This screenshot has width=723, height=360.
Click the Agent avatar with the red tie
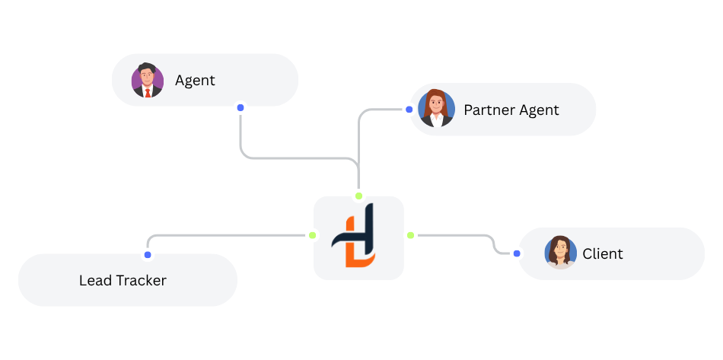(148, 80)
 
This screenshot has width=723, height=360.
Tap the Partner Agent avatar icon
(436, 109)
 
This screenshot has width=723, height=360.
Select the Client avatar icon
(561, 253)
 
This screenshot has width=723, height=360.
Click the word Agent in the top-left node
(195, 80)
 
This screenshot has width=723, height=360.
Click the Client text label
(603, 253)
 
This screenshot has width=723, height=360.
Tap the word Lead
(95, 280)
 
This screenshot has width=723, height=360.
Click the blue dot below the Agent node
(240, 108)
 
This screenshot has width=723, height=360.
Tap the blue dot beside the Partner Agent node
(409, 110)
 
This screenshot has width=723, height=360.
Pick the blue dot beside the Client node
(517, 253)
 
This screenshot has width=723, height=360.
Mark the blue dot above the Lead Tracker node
(148, 254)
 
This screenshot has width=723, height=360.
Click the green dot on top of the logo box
(359, 196)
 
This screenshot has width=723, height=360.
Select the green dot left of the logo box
(311, 235)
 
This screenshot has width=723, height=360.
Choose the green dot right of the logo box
(410, 235)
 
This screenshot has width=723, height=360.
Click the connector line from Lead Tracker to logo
(228, 235)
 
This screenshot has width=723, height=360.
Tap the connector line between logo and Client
(457, 235)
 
